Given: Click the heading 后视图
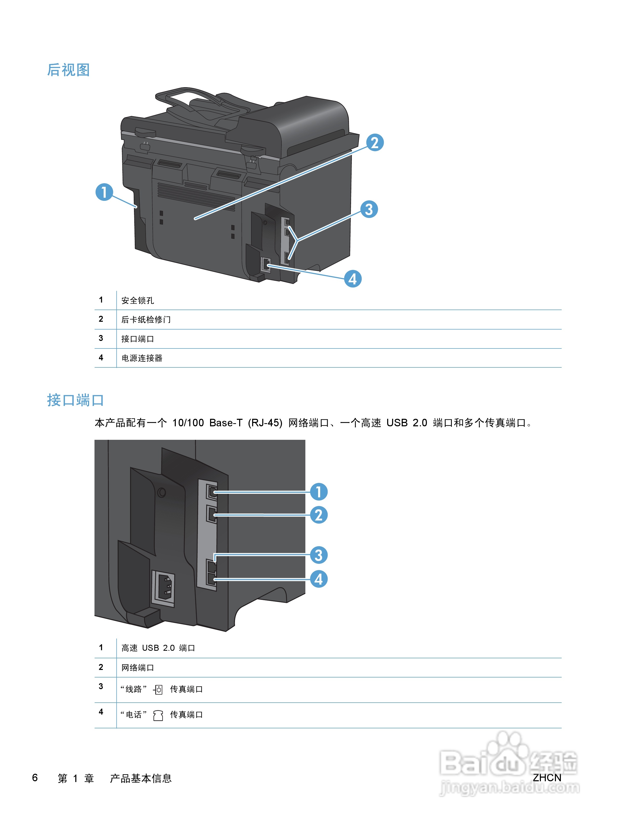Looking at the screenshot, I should coord(68,70).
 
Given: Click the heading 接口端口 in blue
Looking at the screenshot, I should coord(75,400).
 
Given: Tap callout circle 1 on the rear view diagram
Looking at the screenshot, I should coord(104,192).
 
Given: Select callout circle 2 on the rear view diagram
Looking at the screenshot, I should coord(374,143).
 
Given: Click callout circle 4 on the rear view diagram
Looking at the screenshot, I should coord(353,279).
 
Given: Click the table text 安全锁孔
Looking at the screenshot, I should coord(138,300).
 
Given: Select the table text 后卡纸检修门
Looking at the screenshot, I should coord(146,320).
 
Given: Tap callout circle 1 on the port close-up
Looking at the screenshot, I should coord(319,492).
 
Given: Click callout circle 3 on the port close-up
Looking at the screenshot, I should coord(319,555).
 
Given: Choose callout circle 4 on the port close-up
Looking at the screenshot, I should coord(319,579).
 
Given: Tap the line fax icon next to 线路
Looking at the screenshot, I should coord(158,690).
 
